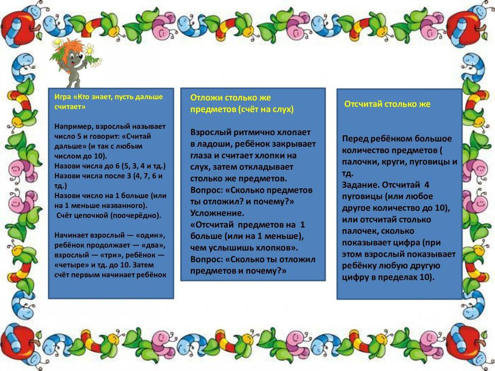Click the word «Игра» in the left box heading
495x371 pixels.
click(x=61, y=97)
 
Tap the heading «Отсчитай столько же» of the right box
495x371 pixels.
click(x=387, y=104)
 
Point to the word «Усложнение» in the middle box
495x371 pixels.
click(x=217, y=213)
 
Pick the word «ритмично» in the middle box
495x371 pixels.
click(x=251, y=132)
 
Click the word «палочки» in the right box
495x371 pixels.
click(x=358, y=161)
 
